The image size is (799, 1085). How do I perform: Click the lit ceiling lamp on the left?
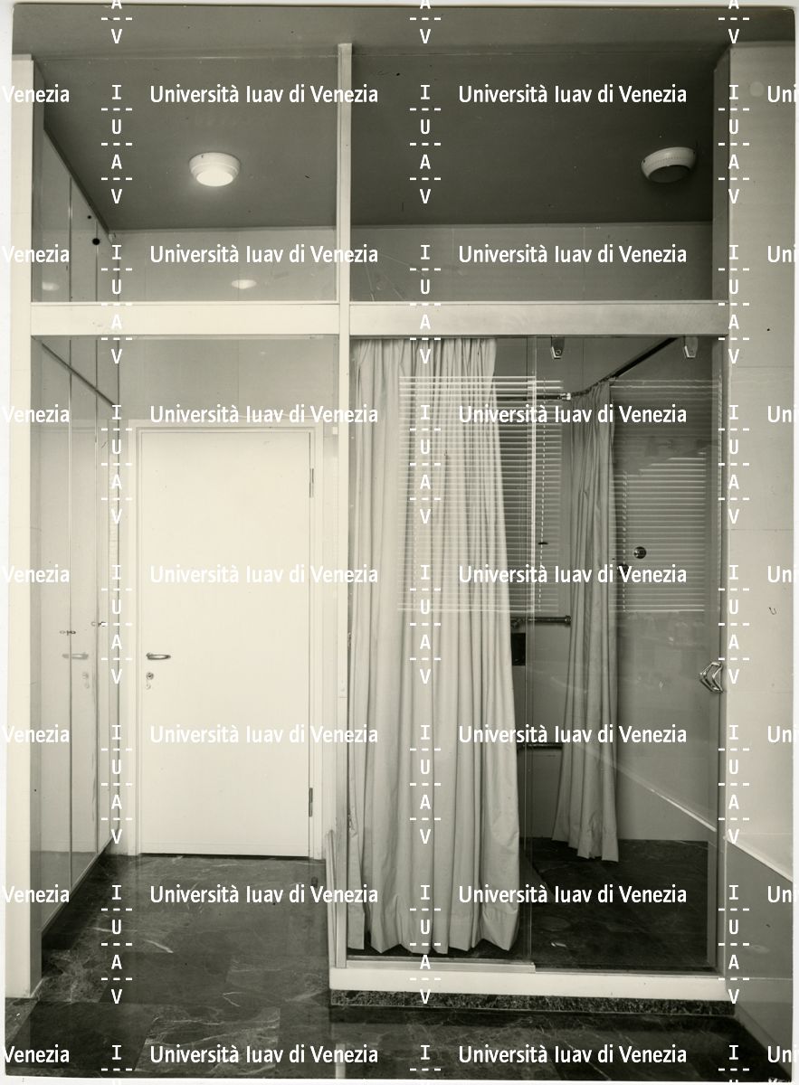(x=214, y=169)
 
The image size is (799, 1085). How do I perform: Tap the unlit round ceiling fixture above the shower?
(x=668, y=165)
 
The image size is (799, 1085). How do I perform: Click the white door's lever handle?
(x=158, y=656)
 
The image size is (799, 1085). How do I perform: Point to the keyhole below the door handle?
(x=150, y=675)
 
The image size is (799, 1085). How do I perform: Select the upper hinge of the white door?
(x=311, y=483)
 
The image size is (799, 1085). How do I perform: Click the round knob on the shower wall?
(x=640, y=552)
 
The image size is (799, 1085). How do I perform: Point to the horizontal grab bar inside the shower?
(x=539, y=619)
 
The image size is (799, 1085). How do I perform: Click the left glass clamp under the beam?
(x=557, y=347)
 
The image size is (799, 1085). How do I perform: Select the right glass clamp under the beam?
(x=690, y=347)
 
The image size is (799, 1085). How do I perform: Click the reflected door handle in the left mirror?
(x=76, y=656)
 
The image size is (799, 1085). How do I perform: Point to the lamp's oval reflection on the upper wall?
(x=243, y=284)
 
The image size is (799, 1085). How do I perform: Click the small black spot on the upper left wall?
(x=96, y=241)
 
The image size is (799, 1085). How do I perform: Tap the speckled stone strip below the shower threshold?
(x=531, y=1005)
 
